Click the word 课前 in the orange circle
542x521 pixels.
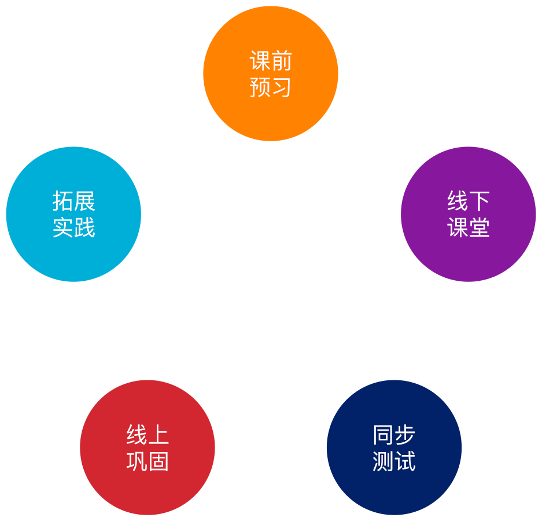coord(270,61)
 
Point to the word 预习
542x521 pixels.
coord(270,87)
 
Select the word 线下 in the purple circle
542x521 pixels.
coord(469,201)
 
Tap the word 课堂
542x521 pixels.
coord(469,228)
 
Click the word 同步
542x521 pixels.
coord(394,435)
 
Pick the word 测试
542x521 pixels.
coord(394,462)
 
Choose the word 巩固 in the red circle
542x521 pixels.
coord(148,462)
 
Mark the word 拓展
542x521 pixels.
coord(73,201)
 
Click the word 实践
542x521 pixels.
coord(73,228)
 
